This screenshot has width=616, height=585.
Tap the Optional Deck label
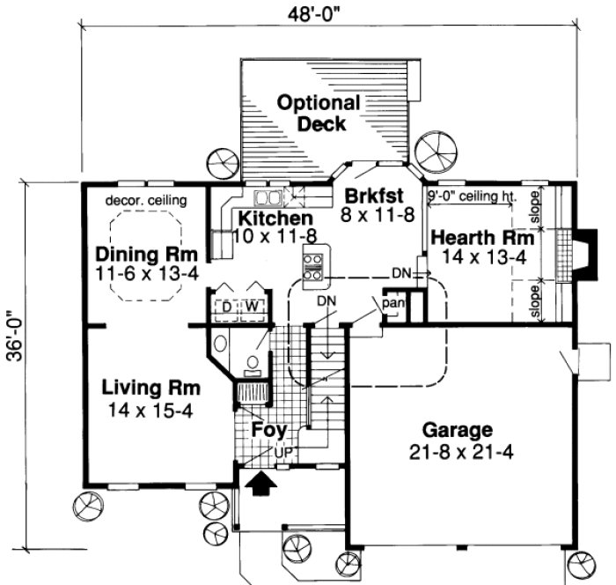click(319, 113)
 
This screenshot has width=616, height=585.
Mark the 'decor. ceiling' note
click(145, 200)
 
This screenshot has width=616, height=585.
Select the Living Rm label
click(150, 388)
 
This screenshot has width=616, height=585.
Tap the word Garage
click(455, 431)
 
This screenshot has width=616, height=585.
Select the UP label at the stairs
click(284, 452)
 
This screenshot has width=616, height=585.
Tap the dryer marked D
click(226, 306)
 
